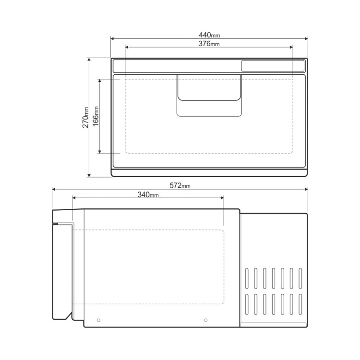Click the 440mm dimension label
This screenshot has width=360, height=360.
(x=209, y=35)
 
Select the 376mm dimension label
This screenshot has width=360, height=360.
(x=209, y=43)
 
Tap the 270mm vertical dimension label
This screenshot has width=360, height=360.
(x=85, y=117)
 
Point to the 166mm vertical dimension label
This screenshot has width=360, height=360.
(x=96, y=116)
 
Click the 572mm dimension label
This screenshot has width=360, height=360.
(x=180, y=185)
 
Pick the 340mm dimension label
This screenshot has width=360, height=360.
(x=148, y=195)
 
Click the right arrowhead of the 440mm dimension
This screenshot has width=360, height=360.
(x=306, y=38)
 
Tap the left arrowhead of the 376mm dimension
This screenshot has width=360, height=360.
(x=127, y=48)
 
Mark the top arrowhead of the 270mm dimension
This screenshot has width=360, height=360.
(x=89, y=60)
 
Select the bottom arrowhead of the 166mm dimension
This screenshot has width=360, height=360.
(x=100, y=152)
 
